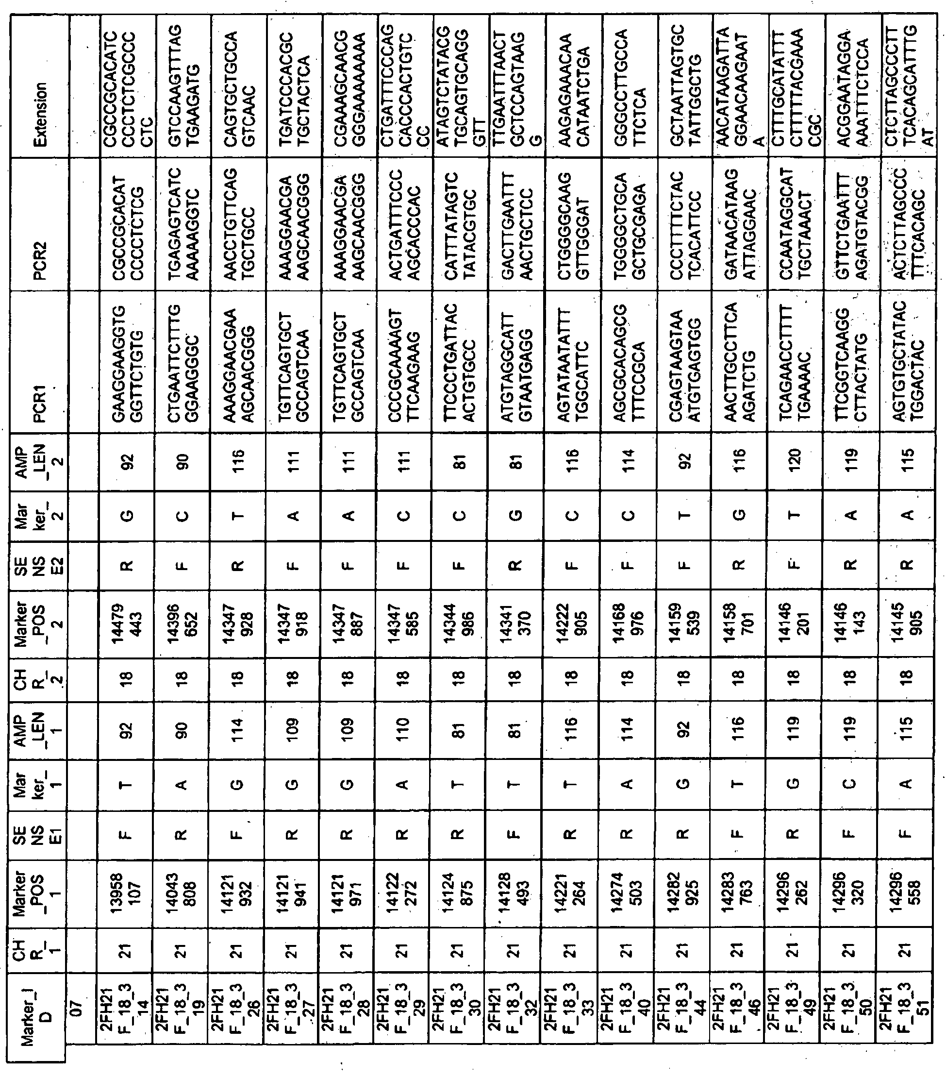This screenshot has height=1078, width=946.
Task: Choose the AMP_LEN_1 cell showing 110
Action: [x=403, y=730]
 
